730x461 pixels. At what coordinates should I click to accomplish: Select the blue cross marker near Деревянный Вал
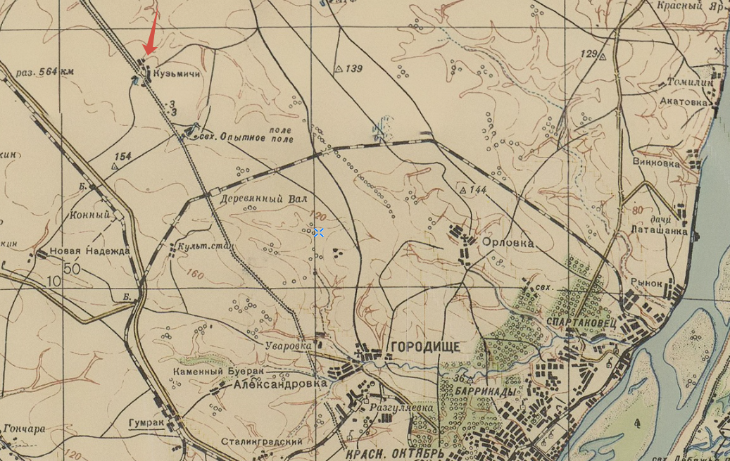(319, 232)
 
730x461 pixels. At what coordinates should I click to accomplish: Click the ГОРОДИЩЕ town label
(424, 346)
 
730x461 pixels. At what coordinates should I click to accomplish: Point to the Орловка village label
(508, 242)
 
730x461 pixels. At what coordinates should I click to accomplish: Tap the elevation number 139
(354, 68)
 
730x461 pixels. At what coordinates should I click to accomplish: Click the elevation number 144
(478, 189)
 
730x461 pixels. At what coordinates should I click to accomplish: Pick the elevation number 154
(123, 156)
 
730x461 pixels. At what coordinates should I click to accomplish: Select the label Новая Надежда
(89, 251)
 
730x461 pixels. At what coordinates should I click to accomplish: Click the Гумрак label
(146, 423)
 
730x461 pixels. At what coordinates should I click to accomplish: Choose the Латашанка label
(660, 229)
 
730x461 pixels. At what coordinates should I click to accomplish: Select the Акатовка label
(682, 101)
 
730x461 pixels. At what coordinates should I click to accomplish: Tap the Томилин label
(690, 81)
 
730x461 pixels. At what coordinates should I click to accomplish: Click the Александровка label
(281, 384)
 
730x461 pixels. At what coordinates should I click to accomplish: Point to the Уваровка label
(289, 346)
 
